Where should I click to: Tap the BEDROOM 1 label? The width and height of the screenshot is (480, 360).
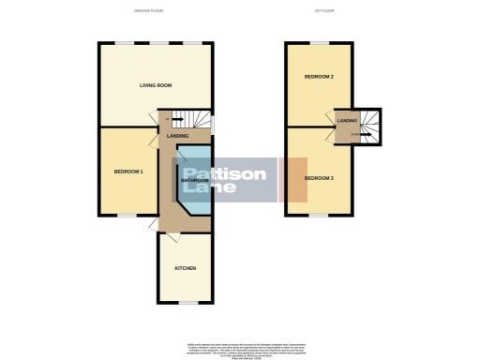tap(128, 172)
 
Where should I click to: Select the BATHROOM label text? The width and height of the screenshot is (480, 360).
tap(194, 180)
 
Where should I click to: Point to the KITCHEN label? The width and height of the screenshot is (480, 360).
tap(185, 269)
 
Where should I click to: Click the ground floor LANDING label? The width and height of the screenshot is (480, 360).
tap(177, 137)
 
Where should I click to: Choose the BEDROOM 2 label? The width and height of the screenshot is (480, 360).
tap(319, 76)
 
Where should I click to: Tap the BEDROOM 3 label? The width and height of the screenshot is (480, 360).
tap(319, 176)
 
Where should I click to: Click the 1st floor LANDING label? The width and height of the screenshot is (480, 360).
tap(347, 121)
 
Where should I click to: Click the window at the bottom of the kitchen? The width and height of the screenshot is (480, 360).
tap(185, 303)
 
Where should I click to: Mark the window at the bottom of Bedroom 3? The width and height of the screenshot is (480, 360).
tap(319, 215)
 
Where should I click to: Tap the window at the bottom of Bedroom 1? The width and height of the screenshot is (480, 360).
tap(125, 215)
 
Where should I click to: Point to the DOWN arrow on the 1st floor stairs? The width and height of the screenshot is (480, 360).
tap(355, 134)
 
